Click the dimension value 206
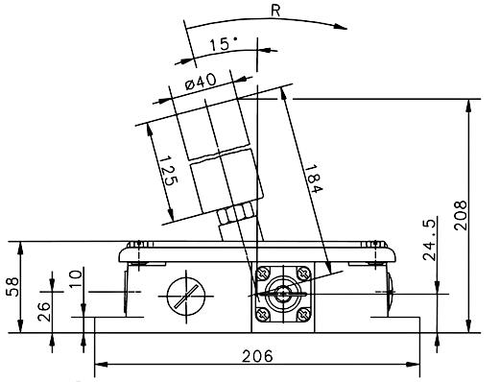coord(257,356)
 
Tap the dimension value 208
coord(461,215)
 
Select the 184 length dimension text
coord(313,179)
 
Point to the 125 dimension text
coord(168,171)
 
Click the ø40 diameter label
coord(201,82)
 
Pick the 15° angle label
coord(224,44)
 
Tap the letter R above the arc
coord(275,11)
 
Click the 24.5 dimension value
coord(429,240)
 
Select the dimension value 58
coord(13,287)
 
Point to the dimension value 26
coord(44,312)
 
